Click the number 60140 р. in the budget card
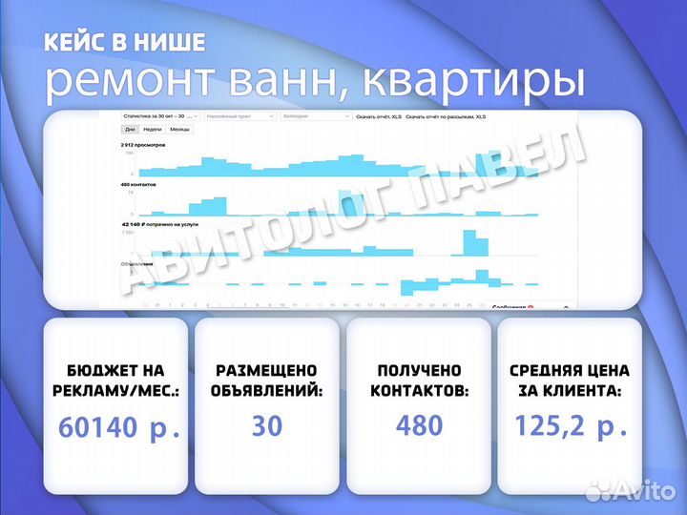pos(119,426)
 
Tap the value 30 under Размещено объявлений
pos(267,425)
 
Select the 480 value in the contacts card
pos(419,424)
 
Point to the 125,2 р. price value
pos(571,425)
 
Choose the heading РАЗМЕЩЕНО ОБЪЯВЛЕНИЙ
pos(267,381)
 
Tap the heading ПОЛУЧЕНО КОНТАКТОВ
pos(419,381)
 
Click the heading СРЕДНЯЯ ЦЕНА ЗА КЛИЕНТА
pos(569,381)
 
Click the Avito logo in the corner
pos(631,488)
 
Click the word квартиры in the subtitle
pos(485,81)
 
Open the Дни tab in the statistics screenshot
pos(129,129)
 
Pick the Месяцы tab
pos(178,129)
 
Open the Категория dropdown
pos(315,116)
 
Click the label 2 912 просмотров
pos(143,145)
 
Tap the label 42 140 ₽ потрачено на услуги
pos(156,222)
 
